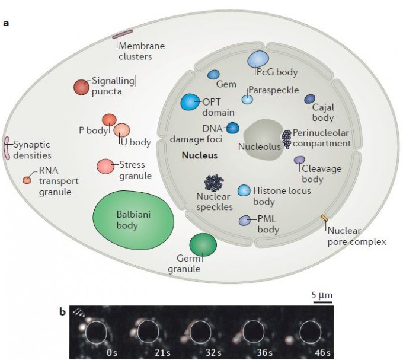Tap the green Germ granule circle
[x=203, y=245]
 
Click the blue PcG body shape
[x=258, y=58]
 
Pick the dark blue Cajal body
[x=310, y=100]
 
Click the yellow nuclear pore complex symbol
[x=324, y=219]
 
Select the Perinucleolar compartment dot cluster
[x=286, y=138]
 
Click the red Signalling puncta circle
[x=81, y=87]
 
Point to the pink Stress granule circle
[x=105, y=167]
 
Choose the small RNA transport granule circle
[x=27, y=180]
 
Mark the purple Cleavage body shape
[x=300, y=160]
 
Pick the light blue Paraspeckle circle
[x=248, y=100]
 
